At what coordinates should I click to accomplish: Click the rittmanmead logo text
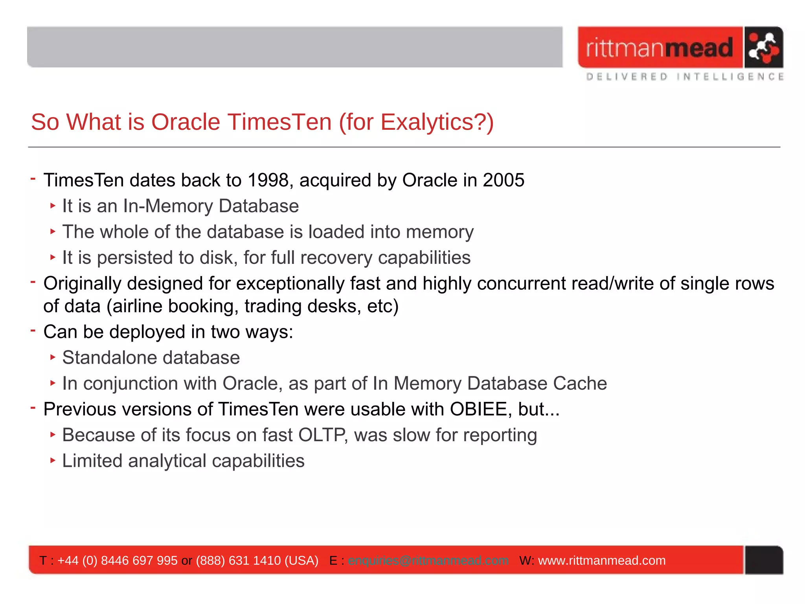click(x=660, y=48)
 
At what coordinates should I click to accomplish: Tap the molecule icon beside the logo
click(x=763, y=48)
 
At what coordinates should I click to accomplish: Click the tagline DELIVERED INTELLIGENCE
click(x=685, y=77)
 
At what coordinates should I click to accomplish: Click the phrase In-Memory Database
click(x=211, y=206)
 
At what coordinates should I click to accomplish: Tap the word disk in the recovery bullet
click(x=216, y=258)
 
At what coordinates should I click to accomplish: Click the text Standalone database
click(x=151, y=358)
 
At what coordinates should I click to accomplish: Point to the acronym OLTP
click(x=322, y=435)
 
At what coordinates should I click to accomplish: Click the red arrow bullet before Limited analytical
click(x=53, y=460)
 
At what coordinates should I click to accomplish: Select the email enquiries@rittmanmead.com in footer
click(x=428, y=560)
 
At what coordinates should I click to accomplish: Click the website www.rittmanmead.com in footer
click(x=601, y=560)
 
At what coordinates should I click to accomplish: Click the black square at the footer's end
click(x=763, y=560)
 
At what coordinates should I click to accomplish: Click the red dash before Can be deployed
click(x=33, y=331)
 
